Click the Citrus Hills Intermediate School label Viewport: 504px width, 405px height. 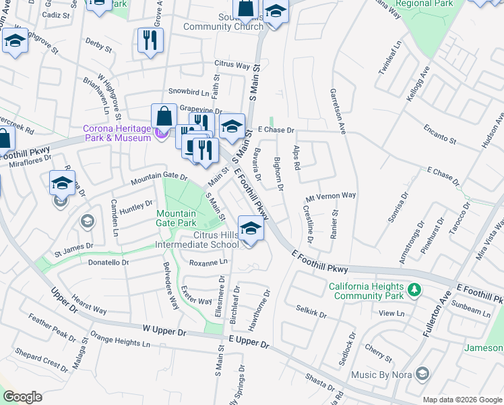pos(197,240)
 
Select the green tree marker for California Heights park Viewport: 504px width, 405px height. pos(414,290)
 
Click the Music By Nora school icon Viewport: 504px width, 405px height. pos(422,373)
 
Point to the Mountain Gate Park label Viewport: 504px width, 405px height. pos(176,218)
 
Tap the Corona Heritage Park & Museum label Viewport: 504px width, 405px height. pos(116,133)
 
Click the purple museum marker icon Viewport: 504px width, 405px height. pos(160,134)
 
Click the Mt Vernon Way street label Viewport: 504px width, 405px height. pos(330,195)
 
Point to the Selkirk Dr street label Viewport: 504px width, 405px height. pos(311,311)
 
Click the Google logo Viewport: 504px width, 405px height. pos(22,397)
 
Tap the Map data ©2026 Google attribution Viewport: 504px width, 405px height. pos(462,400)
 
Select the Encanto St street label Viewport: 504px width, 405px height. pos(440,134)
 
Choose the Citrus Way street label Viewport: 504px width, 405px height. pos(232,65)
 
